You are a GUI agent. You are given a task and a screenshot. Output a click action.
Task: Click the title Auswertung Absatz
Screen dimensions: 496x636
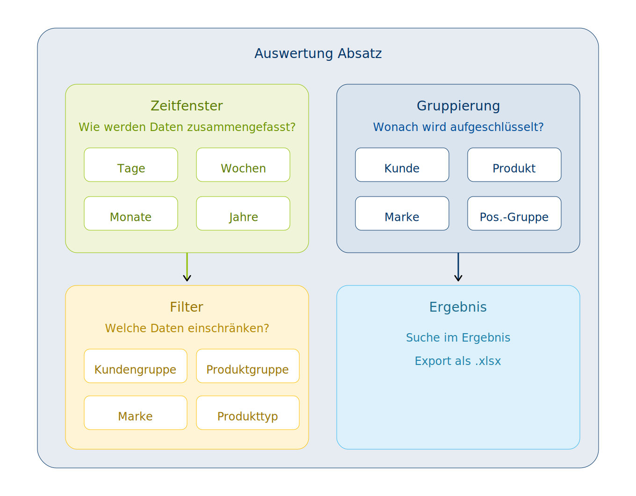(x=318, y=53)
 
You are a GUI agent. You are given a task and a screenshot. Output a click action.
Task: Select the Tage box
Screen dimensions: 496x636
(x=131, y=165)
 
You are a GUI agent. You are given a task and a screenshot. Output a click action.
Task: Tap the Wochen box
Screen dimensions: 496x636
(x=243, y=165)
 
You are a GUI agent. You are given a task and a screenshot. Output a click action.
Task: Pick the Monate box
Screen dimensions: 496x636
(x=131, y=214)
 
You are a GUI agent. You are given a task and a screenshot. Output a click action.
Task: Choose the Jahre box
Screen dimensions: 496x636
(x=243, y=214)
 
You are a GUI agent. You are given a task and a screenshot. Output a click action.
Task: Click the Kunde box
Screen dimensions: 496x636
(x=402, y=165)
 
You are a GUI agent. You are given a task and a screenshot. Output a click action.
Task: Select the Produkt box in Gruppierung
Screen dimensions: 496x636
(x=514, y=165)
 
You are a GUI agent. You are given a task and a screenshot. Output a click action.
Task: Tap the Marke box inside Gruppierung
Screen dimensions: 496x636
(x=402, y=214)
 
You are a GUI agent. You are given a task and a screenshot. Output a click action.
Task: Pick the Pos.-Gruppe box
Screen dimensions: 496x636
(x=514, y=214)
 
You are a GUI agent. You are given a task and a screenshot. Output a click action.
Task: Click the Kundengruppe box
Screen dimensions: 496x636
(x=136, y=366)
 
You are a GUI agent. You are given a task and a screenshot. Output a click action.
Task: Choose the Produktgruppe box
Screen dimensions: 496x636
(x=248, y=366)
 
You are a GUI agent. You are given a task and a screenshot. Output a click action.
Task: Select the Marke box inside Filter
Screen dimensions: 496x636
(x=136, y=413)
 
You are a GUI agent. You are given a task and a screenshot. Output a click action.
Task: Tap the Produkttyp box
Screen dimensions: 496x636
(x=248, y=413)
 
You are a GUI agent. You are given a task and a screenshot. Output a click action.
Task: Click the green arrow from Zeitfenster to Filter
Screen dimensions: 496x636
(x=187, y=268)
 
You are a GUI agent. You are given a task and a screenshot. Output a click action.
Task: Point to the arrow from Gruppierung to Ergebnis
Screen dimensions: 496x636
(x=458, y=268)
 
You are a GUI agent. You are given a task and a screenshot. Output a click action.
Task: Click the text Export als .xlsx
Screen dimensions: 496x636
(x=458, y=361)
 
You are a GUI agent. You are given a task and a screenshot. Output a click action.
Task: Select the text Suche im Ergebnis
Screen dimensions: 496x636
(x=458, y=338)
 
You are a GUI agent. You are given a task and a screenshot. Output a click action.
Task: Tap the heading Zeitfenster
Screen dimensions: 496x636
(x=187, y=106)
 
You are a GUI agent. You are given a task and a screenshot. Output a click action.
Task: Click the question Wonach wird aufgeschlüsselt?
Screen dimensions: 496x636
(x=458, y=127)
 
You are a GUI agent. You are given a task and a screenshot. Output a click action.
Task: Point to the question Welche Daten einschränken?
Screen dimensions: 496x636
(x=187, y=328)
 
